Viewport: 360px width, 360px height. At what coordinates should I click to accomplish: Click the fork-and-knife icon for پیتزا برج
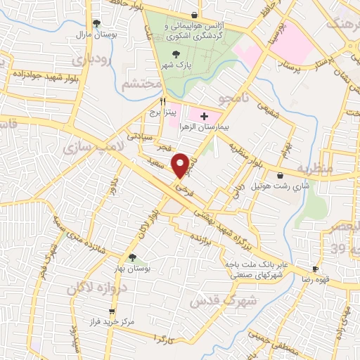163,101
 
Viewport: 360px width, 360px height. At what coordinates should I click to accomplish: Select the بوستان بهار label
132,269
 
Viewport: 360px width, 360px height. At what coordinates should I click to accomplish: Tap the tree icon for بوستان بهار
132,257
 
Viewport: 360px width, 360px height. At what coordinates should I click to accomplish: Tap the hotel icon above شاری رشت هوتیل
281,174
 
